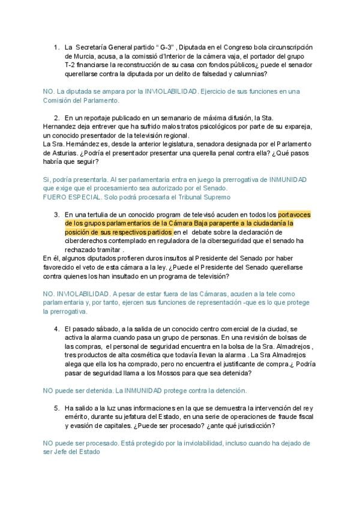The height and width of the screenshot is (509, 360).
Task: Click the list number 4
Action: (x=57, y=329)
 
